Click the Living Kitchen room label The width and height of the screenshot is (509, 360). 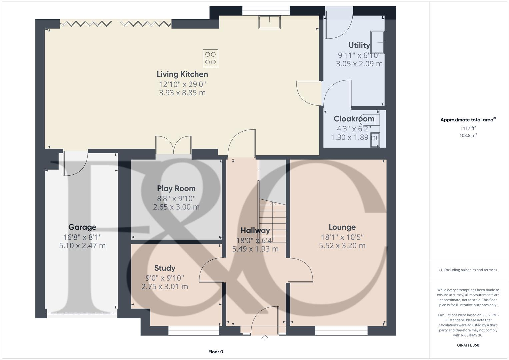tap(182, 74)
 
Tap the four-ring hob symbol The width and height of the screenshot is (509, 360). tap(210, 58)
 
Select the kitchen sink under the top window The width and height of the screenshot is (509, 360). tap(270, 22)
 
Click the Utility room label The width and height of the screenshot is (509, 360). tap(359, 45)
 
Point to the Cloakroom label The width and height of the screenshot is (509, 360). tap(354, 119)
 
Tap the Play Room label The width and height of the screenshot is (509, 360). tap(176, 189)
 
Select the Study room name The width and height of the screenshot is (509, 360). tap(165, 268)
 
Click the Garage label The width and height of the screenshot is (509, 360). tap(82, 227)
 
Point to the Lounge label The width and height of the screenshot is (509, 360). tap(342, 227)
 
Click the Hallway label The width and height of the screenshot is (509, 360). tap(255, 231)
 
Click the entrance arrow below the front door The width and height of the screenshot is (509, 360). tap(265, 338)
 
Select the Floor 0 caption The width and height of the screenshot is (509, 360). tap(216, 352)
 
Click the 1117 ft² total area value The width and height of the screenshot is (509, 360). tap(468, 128)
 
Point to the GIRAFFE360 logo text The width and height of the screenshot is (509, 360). tap(468, 345)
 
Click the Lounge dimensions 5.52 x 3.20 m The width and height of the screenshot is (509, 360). tap(342, 246)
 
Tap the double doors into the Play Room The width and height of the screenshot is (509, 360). tap(173, 146)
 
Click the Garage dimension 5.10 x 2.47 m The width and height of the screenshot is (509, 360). tap(82, 246)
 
